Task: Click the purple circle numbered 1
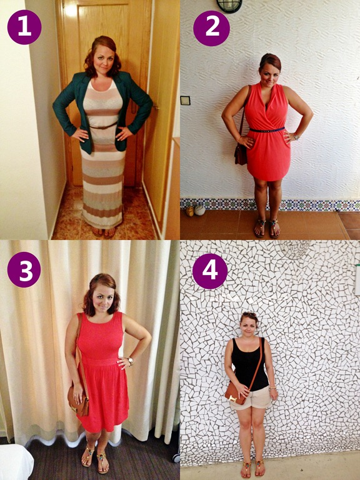[x=24, y=27]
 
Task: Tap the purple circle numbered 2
[x=211, y=28]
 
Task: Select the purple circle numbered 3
[x=24, y=269]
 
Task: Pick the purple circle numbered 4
[x=210, y=271]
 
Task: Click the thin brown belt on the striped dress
[x=104, y=126]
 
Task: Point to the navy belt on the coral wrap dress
[x=267, y=129]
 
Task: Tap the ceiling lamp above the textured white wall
[x=229, y=6]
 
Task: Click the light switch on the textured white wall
[x=185, y=101]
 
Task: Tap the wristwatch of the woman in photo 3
[x=131, y=361]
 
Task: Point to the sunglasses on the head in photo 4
[x=249, y=314]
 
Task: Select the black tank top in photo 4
[x=249, y=364]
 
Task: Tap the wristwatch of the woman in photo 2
[x=296, y=136]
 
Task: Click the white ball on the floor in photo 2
[x=200, y=210]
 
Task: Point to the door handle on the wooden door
[x=157, y=107]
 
